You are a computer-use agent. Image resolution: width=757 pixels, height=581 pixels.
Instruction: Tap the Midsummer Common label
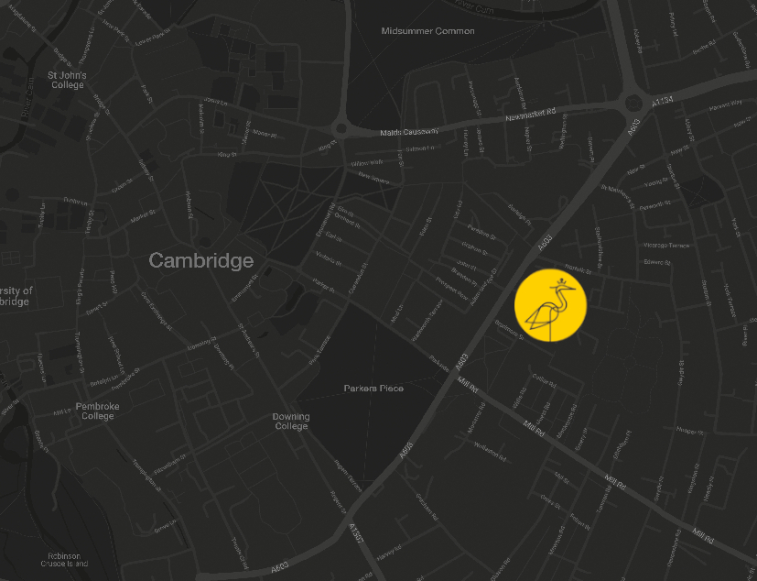pyautogui.click(x=427, y=31)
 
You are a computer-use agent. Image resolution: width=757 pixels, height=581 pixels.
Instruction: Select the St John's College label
pyautogui.click(x=67, y=81)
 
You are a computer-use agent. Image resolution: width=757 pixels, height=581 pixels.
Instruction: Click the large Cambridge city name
pyautogui.click(x=201, y=261)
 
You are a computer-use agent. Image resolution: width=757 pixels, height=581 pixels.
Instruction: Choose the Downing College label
pyautogui.click(x=291, y=422)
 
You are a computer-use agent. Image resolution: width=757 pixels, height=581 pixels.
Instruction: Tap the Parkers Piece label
pyautogui.click(x=373, y=389)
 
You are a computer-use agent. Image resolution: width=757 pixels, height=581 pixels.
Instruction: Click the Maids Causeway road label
pyautogui.click(x=409, y=132)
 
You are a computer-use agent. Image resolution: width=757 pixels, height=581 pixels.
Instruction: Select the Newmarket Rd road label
pyautogui.click(x=531, y=116)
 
